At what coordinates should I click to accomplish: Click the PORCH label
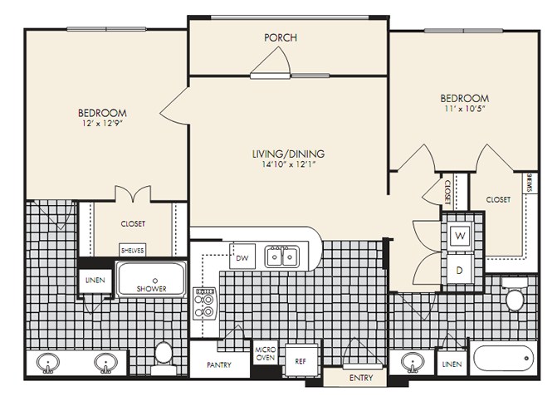(281, 37)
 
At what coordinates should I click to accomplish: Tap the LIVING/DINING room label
(288, 154)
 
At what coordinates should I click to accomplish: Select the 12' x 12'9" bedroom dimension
(102, 123)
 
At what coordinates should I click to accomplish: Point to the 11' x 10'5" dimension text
(465, 108)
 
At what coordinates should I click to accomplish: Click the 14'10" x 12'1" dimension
(288, 164)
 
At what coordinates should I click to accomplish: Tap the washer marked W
(460, 236)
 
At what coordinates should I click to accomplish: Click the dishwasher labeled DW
(242, 257)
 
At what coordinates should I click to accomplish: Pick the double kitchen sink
(282, 257)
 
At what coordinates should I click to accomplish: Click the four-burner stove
(204, 303)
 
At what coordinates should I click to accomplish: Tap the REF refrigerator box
(300, 360)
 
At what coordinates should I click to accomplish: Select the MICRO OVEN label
(265, 354)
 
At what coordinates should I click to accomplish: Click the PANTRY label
(219, 364)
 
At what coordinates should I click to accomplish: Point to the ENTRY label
(361, 378)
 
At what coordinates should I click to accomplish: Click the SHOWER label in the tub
(151, 289)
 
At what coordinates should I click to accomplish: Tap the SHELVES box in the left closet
(132, 251)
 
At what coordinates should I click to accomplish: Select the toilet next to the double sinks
(164, 358)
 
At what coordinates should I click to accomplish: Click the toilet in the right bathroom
(515, 295)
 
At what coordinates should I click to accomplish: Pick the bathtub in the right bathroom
(503, 359)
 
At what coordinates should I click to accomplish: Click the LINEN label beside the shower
(95, 281)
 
